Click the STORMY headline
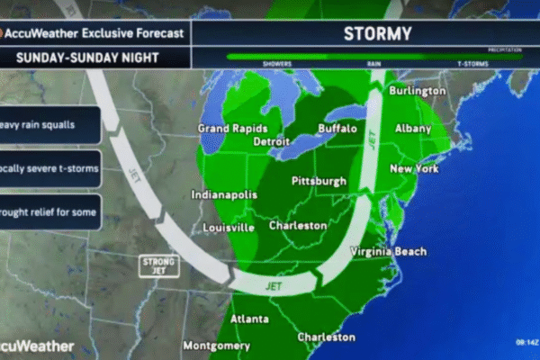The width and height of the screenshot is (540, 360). click(x=377, y=34)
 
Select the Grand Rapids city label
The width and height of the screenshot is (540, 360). click(x=233, y=129)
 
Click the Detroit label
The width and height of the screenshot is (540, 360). click(x=272, y=142)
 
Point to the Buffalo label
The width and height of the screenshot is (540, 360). click(x=338, y=129)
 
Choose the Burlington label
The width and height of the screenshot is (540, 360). click(x=417, y=91)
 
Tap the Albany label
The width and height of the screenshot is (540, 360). click(x=413, y=129)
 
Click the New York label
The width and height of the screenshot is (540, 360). click(x=413, y=169)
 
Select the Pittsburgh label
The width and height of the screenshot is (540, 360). click(x=319, y=182)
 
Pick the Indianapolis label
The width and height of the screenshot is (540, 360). click(x=225, y=194)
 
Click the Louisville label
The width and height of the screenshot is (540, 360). click(x=227, y=228)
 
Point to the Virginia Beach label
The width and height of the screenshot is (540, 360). click(x=389, y=251)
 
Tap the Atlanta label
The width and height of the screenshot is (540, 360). click(x=249, y=319)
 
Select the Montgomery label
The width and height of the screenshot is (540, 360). click(x=216, y=346)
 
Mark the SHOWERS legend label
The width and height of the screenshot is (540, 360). click(x=276, y=64)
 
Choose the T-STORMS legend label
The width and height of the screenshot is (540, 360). click(x=472, y=64)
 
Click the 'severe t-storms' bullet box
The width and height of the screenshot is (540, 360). click(x=49, y=168)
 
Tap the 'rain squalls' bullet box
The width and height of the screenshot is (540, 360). click(x=49, y=125)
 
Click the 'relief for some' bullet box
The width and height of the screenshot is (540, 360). click(x=49, y=211)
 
